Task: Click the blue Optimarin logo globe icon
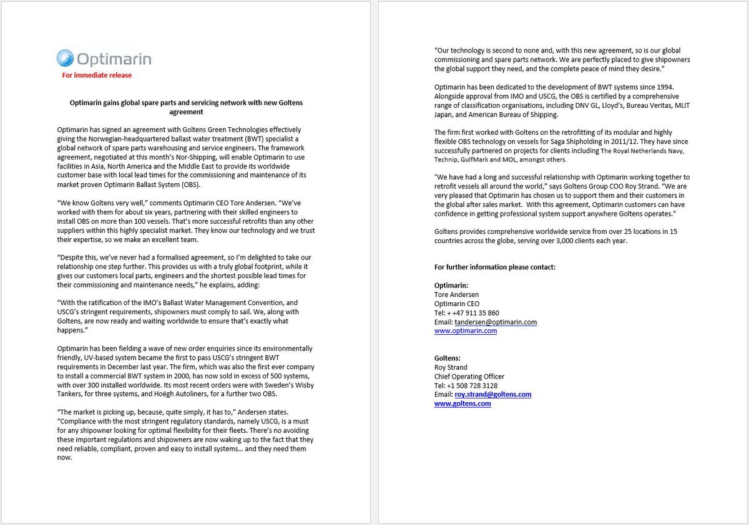(x=65, y=59)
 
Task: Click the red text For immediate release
(x=97, y=75)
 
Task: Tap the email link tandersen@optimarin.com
(x=496, y=322)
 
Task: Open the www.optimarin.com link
(x=466, y=331)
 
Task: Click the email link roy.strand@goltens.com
(x=493, y=395)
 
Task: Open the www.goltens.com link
(x=463, y=404)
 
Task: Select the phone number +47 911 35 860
(x=477, y=313)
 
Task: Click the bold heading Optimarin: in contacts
(x=451, y=286)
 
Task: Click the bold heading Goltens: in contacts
(x=448, y=359)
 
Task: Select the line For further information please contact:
(x=494, y=267)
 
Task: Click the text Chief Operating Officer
(x=469, y=377)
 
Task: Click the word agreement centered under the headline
(x=186, y=112)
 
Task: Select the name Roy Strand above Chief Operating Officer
(x=451, y=368)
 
